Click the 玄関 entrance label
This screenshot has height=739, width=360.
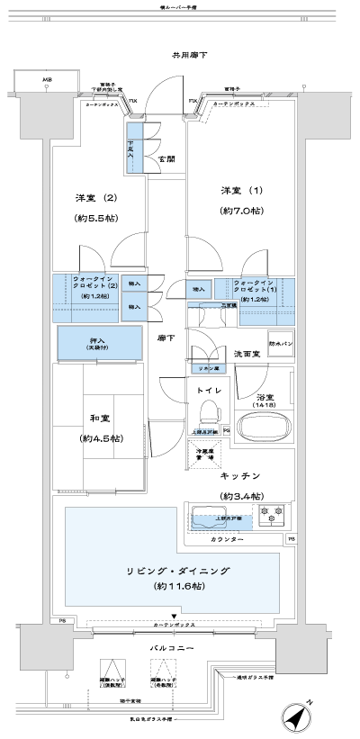coord(166,159)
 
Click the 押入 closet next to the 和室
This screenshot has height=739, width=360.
coord(100,343)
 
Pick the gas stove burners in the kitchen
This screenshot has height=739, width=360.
coord(272,517)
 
